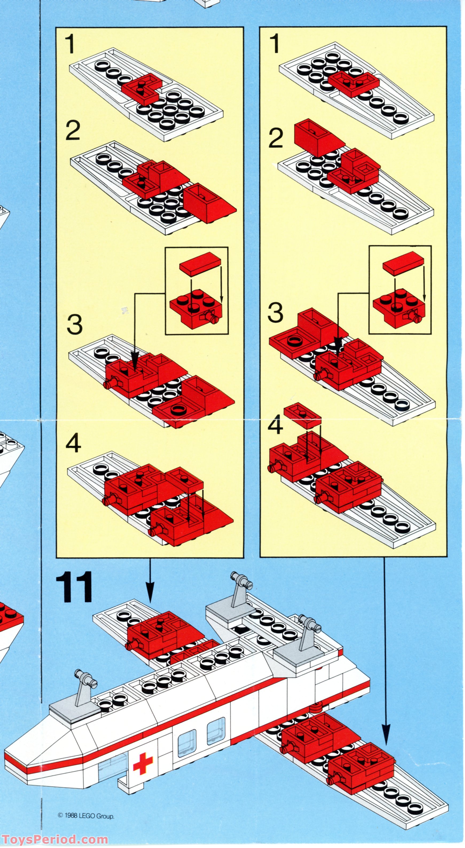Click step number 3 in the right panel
275,313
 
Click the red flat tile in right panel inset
403,264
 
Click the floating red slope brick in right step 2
316,137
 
